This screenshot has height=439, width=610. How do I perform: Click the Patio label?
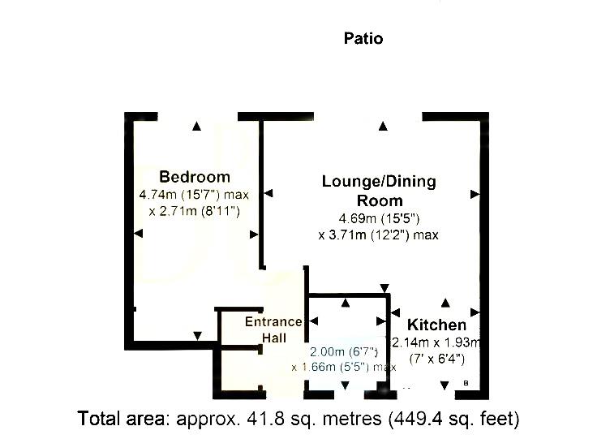point(363,38)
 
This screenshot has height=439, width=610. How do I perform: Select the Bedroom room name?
point(195,177)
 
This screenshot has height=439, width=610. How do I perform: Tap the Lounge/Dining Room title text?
point(379,191)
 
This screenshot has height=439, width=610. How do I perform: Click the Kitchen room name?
point(436,325)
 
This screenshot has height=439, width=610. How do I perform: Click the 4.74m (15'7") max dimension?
point(194,195)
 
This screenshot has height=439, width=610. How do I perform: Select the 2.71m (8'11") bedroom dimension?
point(200,211)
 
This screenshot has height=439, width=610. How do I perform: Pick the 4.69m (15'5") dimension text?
point(379,219)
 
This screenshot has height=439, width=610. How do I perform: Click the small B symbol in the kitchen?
point(466,383)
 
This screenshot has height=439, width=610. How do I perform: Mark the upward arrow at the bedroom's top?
point(196,126)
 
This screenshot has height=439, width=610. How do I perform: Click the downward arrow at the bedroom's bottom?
point(196,335)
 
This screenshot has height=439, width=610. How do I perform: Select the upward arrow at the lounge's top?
point(383,126)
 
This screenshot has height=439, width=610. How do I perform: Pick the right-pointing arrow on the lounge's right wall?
point(475,194)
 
